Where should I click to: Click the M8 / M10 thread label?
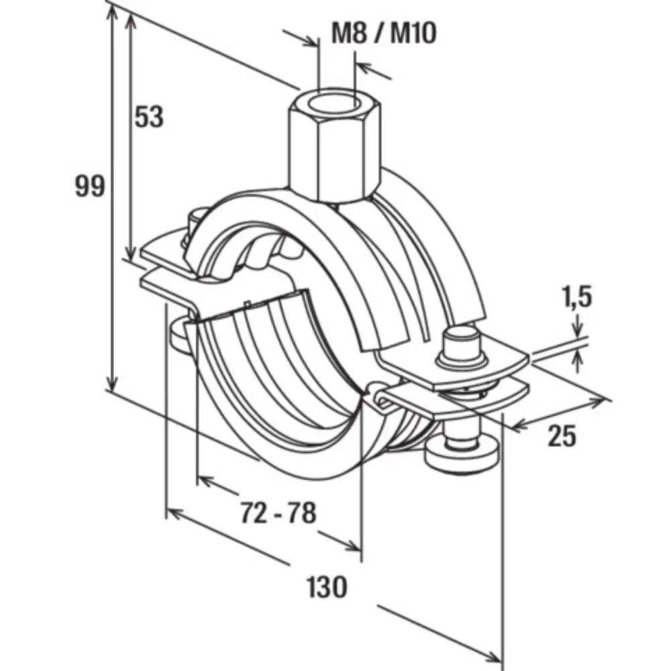click(384, 32)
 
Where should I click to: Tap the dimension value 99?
click(89, 186)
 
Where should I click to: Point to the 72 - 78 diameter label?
click(277, 514)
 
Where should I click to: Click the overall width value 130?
click(327, 587)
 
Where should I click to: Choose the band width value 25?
click(562, 436)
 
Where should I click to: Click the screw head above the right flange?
click(462, 342)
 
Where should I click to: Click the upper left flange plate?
click(164, 248)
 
